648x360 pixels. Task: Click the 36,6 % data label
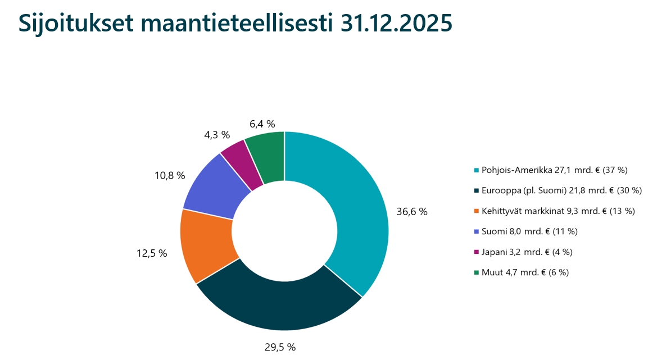coord(412,212)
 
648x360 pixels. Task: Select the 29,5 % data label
coord(280,347)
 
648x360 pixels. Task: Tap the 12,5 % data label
coord(152,253)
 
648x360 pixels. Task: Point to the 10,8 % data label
coord(170,176)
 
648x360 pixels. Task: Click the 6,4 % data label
coord(261,124)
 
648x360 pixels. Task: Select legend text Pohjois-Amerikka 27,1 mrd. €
coord(554,170)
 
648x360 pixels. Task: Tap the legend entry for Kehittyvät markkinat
coord(558,211)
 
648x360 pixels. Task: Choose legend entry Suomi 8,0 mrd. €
coord(529,231)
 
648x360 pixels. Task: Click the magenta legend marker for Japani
coord(477,252)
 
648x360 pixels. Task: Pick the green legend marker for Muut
coord(477,272)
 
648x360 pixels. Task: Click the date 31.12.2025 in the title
coord(396,24)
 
